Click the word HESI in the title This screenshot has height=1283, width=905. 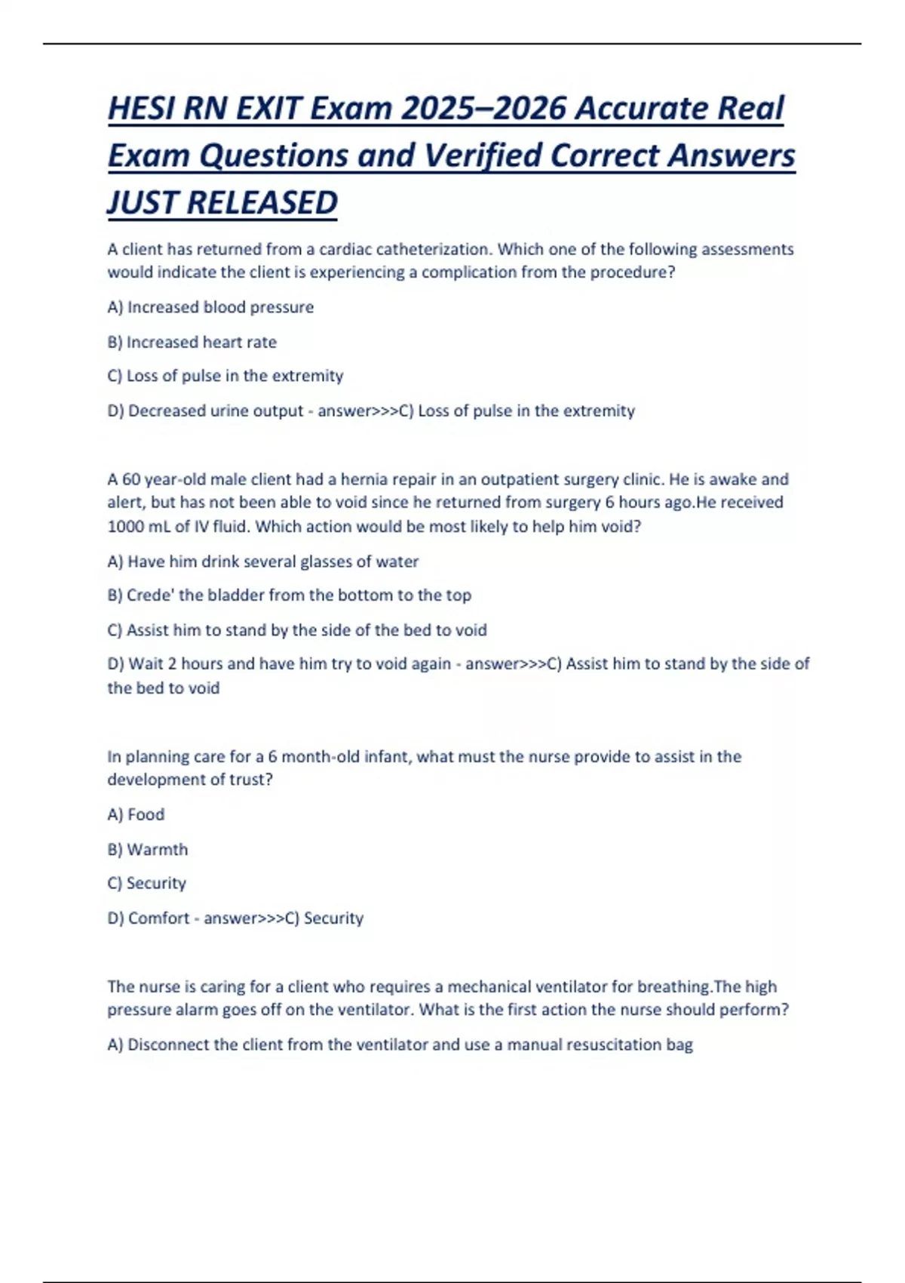point(143,109)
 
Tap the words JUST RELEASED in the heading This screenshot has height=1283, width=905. point(222,203)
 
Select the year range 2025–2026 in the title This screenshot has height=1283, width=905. point(483,109)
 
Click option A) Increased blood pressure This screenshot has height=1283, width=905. point(210,307)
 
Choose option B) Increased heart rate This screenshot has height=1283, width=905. point(192,342)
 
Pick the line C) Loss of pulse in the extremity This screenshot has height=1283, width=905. point(225,376)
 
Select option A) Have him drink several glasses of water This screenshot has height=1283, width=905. point(263,562)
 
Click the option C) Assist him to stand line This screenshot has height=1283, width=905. point(297,629)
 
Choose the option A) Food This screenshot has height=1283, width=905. point(136,814)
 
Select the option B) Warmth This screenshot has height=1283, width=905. point(148,849)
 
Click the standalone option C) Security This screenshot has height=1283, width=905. point(146,883)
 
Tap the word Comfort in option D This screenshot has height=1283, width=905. point(158,918)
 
